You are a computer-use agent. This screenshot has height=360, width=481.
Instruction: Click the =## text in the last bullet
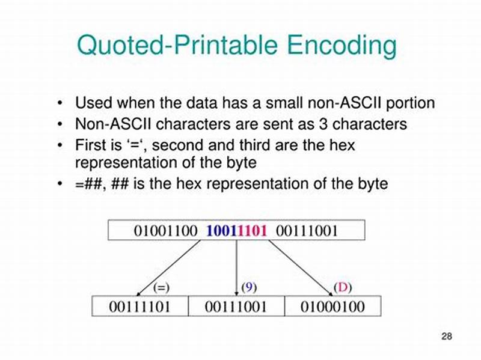(89, 184)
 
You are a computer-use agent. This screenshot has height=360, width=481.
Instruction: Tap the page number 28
(446, 336)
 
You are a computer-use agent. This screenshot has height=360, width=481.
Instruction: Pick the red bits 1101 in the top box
(252, 231)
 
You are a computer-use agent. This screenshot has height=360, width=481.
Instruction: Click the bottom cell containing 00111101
(139, 307)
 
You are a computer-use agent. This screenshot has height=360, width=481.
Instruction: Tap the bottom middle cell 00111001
(236, 307)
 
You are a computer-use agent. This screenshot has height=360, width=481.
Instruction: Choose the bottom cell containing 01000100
(332, 307)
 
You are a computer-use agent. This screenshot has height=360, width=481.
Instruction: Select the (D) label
(342, 287)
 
